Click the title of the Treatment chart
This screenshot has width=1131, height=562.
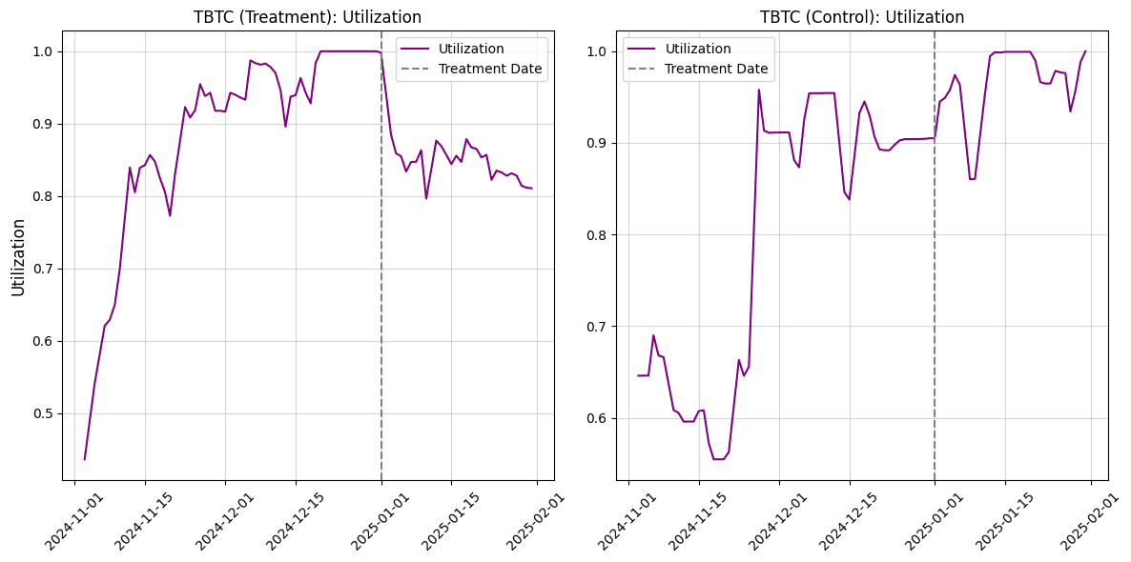click(307, 17)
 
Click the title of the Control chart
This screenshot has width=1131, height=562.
click(861, 17)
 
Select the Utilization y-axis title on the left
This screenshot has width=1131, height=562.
click(17, 256)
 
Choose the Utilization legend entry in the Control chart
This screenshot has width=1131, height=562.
click(698, 49)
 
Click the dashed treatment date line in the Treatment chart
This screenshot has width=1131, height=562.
click(381, 286)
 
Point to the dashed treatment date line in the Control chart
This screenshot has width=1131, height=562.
click(935, 286)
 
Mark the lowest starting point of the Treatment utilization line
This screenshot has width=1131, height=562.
click(85, 459)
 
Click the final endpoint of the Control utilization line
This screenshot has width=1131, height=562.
click(1085, 51)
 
